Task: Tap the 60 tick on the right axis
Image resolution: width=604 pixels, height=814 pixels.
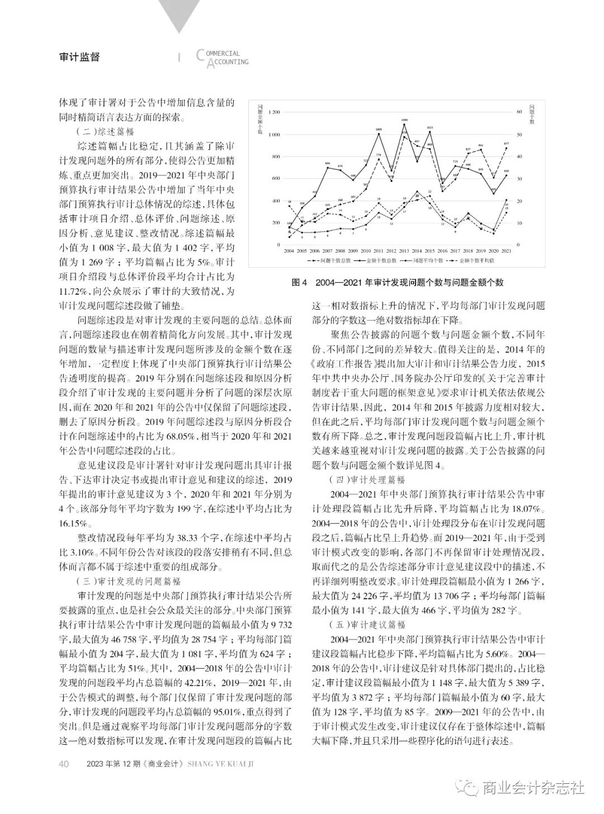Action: click(519, 112)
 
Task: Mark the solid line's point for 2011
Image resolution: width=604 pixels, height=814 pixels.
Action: click(379, 132)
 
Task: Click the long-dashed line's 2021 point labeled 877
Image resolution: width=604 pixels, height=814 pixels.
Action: click(507, 148)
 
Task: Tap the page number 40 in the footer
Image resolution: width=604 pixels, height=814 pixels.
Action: click(64, 764)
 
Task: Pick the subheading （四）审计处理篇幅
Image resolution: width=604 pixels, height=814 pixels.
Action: click(366, 480)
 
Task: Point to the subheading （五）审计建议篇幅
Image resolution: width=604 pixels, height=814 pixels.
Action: click(366, 625)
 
